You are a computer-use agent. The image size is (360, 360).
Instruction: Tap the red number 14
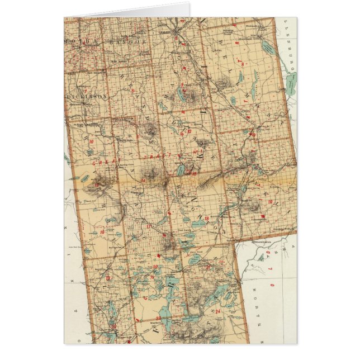click(144, 180)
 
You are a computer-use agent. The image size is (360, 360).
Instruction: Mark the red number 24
click(217, 310)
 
